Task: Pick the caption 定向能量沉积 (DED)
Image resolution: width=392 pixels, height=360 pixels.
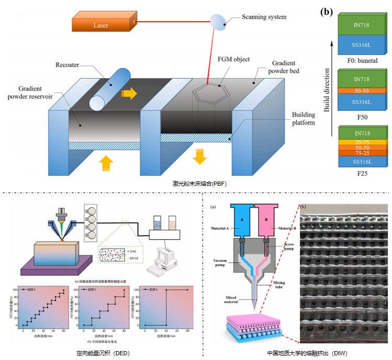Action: click(103, 353)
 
